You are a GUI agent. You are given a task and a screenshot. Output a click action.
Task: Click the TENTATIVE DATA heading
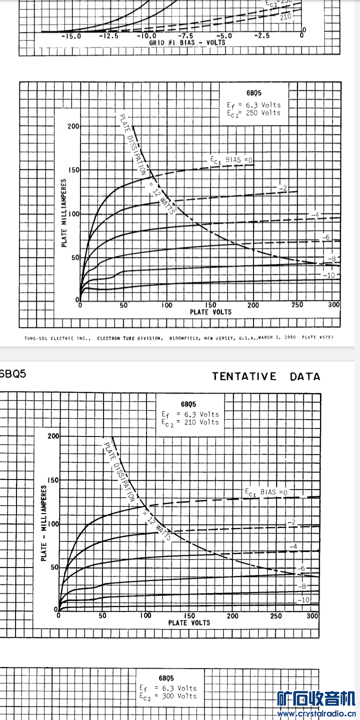click(x=266, y=376)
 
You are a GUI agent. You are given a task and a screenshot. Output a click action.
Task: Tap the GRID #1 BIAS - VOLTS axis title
click(x=187, y=42)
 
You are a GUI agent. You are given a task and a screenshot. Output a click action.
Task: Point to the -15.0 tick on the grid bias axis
click(x=71, y=36)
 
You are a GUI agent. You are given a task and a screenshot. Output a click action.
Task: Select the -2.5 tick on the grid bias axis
click(x=261, y=36)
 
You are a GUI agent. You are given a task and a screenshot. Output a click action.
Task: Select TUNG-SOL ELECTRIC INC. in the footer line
click(x=57, y=338)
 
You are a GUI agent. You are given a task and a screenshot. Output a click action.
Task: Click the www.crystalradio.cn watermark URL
click(x=316, y=714)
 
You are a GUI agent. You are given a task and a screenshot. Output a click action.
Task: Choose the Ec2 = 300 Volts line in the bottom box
click(x=168, y=696)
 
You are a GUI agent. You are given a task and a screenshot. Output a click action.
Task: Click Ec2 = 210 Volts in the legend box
click(x=190, y=422)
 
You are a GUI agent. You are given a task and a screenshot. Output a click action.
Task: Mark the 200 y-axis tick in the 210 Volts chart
click(x=53, y=436)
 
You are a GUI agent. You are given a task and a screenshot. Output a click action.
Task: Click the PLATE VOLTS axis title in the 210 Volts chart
click(x=189, y=622)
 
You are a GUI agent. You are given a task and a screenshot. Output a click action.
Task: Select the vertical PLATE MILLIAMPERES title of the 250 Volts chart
click(x=64, y=213)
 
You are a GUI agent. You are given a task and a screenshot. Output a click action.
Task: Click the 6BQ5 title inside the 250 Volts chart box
click(x=253, y=93)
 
